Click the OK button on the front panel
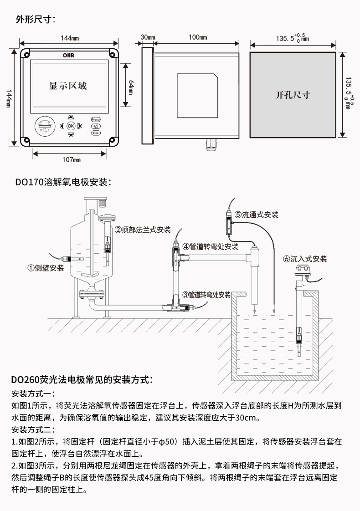point(71,126)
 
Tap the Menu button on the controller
point(96,120)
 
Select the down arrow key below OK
point(71,135)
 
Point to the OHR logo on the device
point(68,56)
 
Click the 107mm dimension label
point(72,160)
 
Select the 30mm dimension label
point(148,37)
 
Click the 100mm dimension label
point(198,37)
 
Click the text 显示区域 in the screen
point(68,86)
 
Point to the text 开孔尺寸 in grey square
point(293,95)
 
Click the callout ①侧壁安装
point(45,268)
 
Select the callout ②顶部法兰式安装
point(143,230)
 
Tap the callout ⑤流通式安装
point(256,215)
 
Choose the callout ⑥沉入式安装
point(304,259)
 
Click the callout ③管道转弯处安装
point(206,295)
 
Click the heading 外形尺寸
point(36,20)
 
